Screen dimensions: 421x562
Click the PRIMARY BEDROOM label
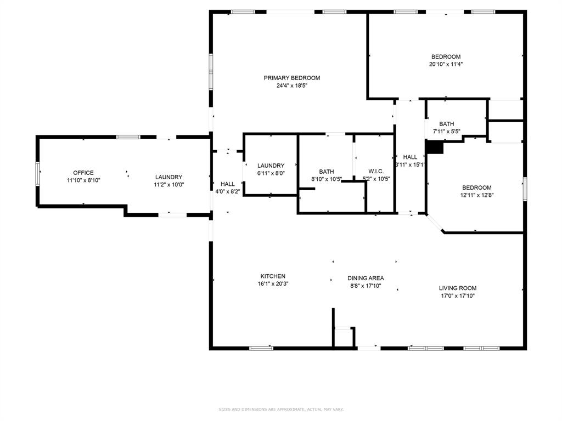291,78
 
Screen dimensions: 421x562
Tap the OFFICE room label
83,173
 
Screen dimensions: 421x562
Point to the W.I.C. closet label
376,171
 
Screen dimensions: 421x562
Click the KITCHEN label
273,276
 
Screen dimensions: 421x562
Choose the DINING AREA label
366,278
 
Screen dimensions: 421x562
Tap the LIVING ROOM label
457,288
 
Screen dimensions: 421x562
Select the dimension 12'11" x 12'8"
476,195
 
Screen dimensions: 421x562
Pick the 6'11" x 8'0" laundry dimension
271,173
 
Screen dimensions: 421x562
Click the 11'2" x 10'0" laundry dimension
168,185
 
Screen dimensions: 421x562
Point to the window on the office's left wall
38,174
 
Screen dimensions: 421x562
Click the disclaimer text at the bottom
281,409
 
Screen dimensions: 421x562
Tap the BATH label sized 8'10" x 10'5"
327,172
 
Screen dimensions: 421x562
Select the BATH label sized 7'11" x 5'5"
446,124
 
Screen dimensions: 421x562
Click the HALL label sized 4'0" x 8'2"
228,184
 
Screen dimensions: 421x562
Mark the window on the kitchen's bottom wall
261,348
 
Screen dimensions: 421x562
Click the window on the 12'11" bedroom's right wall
525,188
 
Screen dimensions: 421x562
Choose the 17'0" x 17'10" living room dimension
457,296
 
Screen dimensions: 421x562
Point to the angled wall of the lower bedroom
435,224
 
